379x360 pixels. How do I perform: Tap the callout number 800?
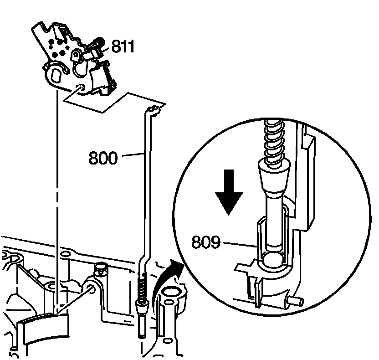click(103, 159)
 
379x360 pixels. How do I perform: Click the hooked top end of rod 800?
click(154, 110)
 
